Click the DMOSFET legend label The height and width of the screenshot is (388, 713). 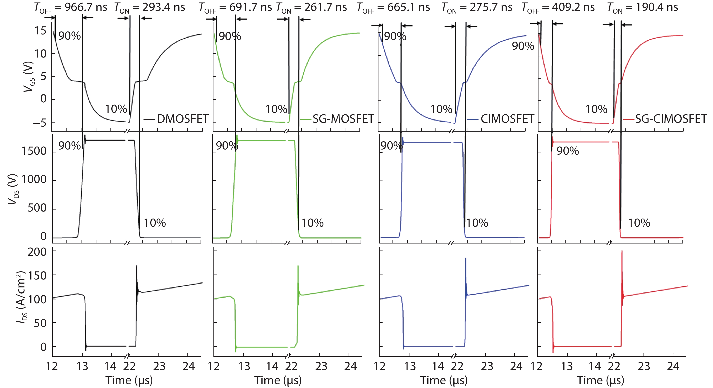pos(182,119)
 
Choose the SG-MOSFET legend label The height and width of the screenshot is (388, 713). pos(343,119)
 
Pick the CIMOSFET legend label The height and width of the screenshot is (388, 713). pos(507,119)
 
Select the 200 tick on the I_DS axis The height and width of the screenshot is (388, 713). pos(37,252)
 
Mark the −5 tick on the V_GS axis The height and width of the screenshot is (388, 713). pos(40,122)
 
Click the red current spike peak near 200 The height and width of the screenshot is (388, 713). pos(622,251)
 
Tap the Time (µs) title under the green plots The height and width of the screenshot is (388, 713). pos(278,380)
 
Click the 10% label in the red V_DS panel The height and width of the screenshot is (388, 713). pos(639,223)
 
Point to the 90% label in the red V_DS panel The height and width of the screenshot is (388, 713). pos(568,151)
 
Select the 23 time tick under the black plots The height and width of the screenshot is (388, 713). pos(159,366)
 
